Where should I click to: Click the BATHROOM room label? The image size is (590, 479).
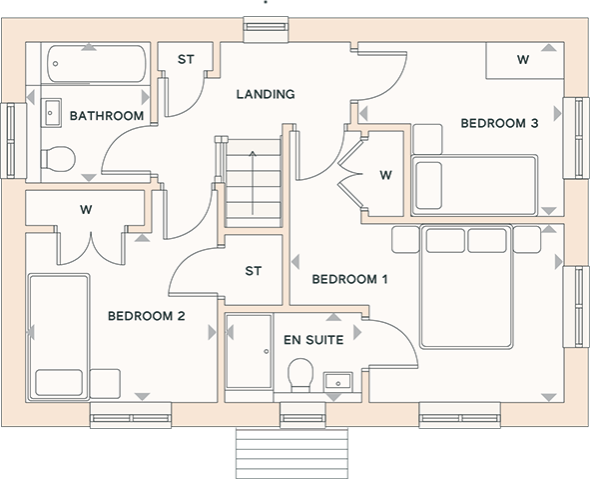pyautogui.click(x=107, y=116)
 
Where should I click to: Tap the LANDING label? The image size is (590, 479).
pyautogui.click(x=266, y=94)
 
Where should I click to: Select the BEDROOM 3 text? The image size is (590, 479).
pyautogui.click(x=499, y=123)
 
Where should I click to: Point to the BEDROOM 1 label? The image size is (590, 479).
pyautogui.click(x=349, y=279)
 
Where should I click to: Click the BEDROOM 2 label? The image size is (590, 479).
pyautogui.click(x=147, y=316)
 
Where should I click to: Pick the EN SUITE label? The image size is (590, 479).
pyautogui.click(x=313, y=340)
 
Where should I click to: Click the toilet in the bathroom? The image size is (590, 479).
pyautogui.click(x=58, y=159)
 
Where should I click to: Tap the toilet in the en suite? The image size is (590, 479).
pyautogui.click(x=300, y=375)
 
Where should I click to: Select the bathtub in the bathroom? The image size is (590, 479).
pyautogui.click(x=97, y=64)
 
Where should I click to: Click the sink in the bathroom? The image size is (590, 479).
pyautogui.click(x=51, y=113)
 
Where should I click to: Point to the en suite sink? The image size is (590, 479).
pyautogui.click(x=338, y=381)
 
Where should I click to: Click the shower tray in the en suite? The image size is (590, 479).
pyautogui.click(x=249, y=351)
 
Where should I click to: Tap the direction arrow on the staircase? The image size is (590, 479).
pyautogui.click(x=253, y=183)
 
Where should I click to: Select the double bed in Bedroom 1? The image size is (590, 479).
pyautogui.click(x=466, y=286)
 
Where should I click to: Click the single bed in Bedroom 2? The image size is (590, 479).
pyautogui.click(x=59, y=337)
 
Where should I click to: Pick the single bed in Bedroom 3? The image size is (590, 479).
pyautogui.click(x=474, y=185)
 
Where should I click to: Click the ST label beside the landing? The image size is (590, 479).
pyautogui.click(x=186, y=60)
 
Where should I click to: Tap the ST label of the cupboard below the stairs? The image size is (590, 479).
pyautogui.click(x=253, y=271)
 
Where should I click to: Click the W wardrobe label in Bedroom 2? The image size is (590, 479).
pyautogui.click(x=86, y=210)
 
